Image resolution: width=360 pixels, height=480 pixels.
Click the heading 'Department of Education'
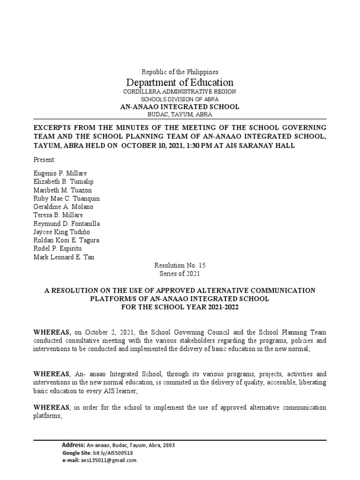pos(180,82)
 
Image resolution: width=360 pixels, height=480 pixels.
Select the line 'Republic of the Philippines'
pos(180,72)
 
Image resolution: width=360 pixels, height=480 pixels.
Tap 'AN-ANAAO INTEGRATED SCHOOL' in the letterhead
pos(180,107)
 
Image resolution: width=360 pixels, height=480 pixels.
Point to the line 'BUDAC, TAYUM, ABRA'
pos(180,115)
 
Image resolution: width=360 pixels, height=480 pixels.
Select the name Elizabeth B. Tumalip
pos(61,181)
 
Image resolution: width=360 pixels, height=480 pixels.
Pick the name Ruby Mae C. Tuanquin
pos(67,198)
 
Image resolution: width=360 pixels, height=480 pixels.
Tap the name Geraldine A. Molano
pos(63,207)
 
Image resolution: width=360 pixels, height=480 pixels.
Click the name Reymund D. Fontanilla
pos(67,224)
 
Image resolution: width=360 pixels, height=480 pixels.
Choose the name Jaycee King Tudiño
pos(61,232)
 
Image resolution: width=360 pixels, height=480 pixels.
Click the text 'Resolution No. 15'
pos(180,266)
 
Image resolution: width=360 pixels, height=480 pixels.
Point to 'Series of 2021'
pos(180,274)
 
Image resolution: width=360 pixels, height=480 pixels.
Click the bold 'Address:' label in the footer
pos(74,445)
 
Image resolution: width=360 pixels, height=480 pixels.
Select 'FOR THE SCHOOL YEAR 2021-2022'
pos(180,307)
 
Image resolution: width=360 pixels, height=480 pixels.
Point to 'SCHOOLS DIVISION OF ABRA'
pos(180,99)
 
